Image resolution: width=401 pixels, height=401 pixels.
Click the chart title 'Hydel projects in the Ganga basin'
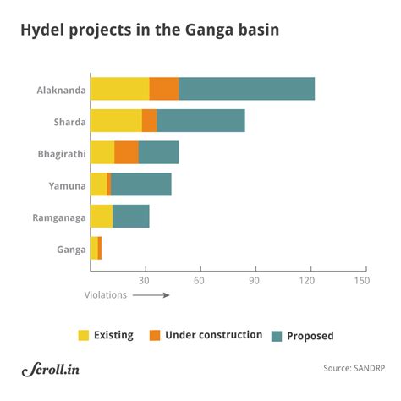point(150,30)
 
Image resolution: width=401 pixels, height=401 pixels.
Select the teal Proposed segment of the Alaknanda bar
point(246,89)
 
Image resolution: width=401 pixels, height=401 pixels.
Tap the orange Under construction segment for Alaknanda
point(164,89)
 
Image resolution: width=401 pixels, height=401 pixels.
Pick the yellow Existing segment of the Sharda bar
point(116,121)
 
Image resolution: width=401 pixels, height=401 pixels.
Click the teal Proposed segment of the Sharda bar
point(200,121)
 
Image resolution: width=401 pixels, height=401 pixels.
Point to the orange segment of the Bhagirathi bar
point(126,152)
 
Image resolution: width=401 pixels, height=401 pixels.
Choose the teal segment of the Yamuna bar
point(141,184)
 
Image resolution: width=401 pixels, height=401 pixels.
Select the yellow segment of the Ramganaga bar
point(102,217)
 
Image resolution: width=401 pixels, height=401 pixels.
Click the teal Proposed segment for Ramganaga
point(130,217)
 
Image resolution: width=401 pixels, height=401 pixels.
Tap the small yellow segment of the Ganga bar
point(94,249)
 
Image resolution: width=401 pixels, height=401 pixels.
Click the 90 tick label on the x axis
point(254,280)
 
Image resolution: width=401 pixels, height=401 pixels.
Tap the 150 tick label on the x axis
point(362,280)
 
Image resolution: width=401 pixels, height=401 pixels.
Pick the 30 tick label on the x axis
point(145,280)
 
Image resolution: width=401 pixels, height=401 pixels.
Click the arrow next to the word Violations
point(151,295)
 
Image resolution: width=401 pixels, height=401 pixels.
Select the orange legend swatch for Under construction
point(154,336)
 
